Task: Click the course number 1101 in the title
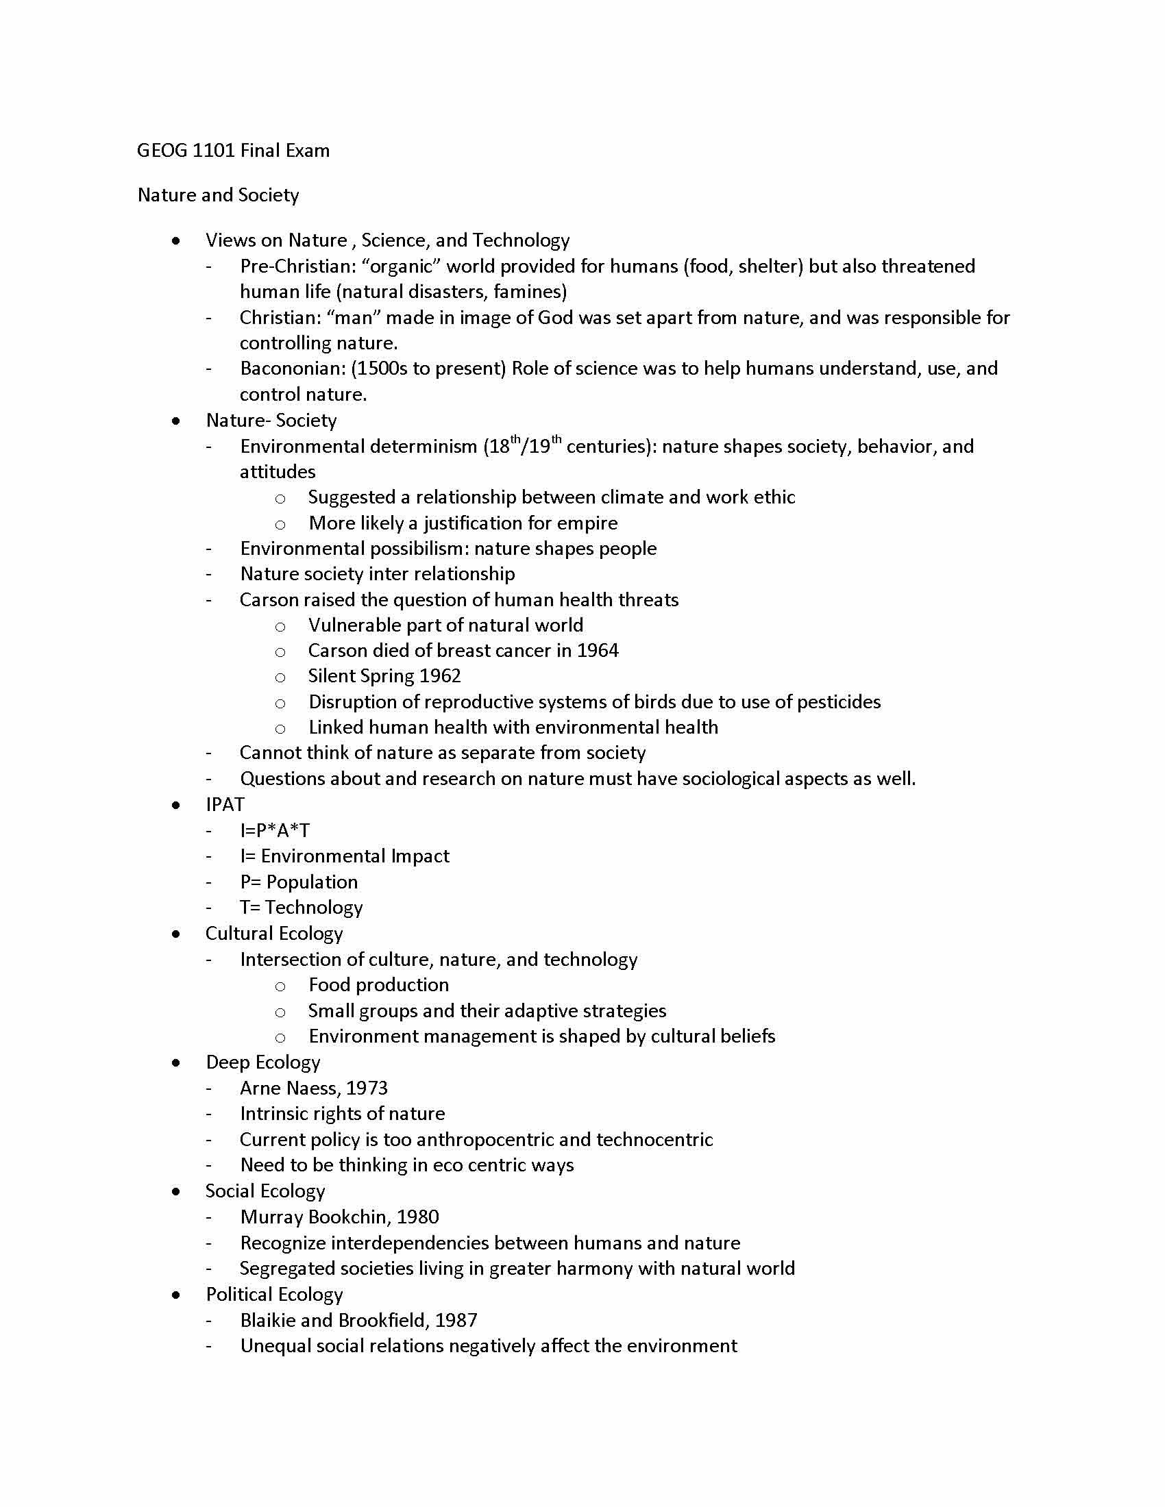click(213, 151)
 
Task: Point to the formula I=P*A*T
click(275, 831)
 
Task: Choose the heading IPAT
click(225, 805)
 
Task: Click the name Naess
click(312, 1088)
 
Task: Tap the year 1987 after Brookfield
click(456, 1320)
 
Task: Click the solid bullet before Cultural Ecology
click(177, 934)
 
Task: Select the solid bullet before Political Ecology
click(177, 1295)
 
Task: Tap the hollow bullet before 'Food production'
click(280, 986)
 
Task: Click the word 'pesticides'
click(839, 701)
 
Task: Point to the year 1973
click(367, 1088)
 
